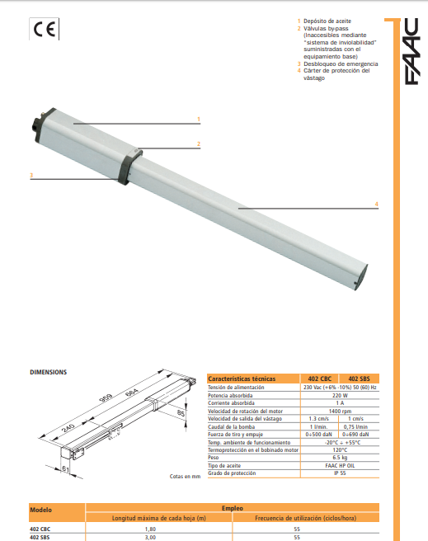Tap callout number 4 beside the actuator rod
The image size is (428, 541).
[x=376, y=203]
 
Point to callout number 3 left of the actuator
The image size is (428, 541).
[x=31, y=176]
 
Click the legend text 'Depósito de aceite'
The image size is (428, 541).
[x=329, y=19]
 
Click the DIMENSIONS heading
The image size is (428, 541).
[x=49, y=372]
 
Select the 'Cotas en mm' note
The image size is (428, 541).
[x=185, y=477]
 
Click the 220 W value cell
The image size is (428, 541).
[x=338, y=395]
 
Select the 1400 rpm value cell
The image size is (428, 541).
[x=338, y=410]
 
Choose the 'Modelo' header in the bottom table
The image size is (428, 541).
[x=41, y=510]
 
